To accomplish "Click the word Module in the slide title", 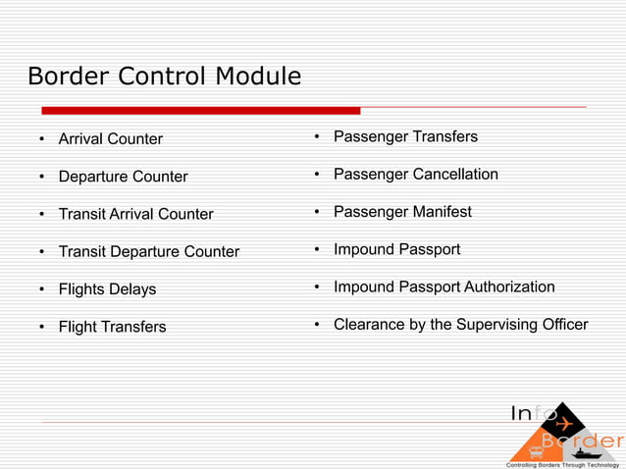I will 253,76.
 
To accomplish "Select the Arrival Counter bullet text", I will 110,139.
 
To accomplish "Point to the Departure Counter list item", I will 123,177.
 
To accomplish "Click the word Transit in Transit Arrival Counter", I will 81,214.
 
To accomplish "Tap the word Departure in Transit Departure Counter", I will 148,251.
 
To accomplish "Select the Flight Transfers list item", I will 112,327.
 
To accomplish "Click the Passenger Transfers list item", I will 405,136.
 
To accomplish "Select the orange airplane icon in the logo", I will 563,425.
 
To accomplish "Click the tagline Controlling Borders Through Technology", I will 562,463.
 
